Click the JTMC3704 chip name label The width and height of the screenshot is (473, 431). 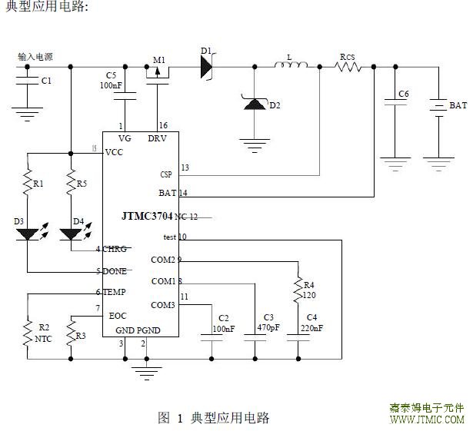(146, 217)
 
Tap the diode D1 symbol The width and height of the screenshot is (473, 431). (206, 67)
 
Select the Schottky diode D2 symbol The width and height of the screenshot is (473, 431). (254, 103)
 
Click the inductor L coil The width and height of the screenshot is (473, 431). (290, 67)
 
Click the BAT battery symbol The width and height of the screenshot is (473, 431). (438, 105)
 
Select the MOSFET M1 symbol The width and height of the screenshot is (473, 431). (159, 71)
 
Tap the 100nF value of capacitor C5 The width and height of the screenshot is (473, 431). (111, 85)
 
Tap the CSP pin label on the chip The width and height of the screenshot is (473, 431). (166, 174)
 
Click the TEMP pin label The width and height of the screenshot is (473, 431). (114, 292)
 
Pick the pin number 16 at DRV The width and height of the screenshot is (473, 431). (162, 125)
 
